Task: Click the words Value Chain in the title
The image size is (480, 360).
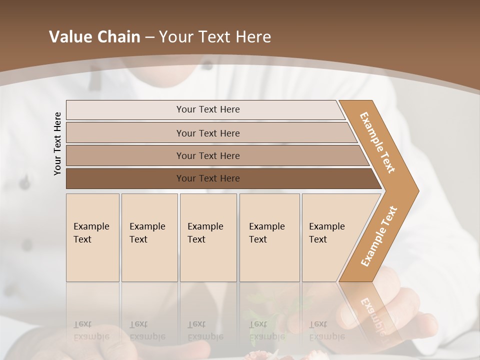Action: point(94,36)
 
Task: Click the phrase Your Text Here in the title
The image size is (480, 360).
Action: point(215,36)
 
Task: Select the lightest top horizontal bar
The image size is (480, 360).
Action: point(125,109)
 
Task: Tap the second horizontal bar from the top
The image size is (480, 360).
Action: point(125,133)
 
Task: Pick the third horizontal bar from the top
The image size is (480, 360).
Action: point(125,155)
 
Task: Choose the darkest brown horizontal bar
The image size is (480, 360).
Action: point(125,178)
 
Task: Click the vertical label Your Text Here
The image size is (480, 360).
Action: point(57,143)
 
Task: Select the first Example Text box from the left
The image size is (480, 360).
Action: point(92,237)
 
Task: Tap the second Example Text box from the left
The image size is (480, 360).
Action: point(149,237)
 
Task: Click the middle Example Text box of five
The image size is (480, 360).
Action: point(208,237)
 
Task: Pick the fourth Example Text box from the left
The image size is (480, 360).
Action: point(269,237)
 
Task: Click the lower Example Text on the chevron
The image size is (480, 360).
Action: point(379,236)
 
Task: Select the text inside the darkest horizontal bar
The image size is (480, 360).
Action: point(208,178)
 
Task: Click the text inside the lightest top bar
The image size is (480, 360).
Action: point(208,109)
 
